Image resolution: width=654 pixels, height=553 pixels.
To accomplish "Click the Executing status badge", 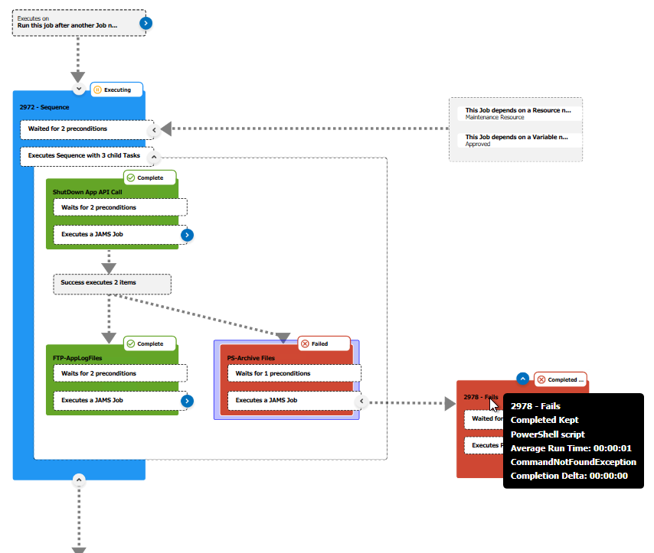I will (x=116, y=89).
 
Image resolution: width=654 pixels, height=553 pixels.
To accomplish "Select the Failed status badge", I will (x=323, y=343).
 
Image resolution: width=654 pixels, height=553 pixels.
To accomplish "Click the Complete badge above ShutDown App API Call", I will (x=150, y=177).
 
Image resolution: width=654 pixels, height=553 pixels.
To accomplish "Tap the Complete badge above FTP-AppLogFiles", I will (x=150, y=343).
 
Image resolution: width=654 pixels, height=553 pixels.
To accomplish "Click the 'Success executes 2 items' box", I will (x=112, y=283).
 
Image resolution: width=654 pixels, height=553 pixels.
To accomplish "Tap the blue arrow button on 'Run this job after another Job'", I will (x=146, y=23).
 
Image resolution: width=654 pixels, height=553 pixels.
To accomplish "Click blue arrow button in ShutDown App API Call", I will (x=187, y=235).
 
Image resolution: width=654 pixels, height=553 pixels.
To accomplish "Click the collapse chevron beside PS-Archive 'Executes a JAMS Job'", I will (x=361, y=401).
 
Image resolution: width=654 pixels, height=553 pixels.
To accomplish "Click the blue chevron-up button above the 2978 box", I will (x=522, y=378).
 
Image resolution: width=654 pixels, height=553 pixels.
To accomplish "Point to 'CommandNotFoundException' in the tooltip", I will (x=573, y=461).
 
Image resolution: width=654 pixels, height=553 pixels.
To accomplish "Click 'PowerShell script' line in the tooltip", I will (x=548, y=434).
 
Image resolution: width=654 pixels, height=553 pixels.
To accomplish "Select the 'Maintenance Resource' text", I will (x=495, y=117).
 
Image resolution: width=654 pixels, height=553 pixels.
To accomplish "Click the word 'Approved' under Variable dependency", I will (x=478, y=144).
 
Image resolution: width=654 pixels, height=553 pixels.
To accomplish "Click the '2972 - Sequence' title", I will (x=44, y=107).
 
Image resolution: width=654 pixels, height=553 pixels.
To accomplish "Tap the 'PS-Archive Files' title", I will (x=250, y=357).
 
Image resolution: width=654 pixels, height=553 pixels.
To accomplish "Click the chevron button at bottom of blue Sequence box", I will (x=78, y=480).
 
